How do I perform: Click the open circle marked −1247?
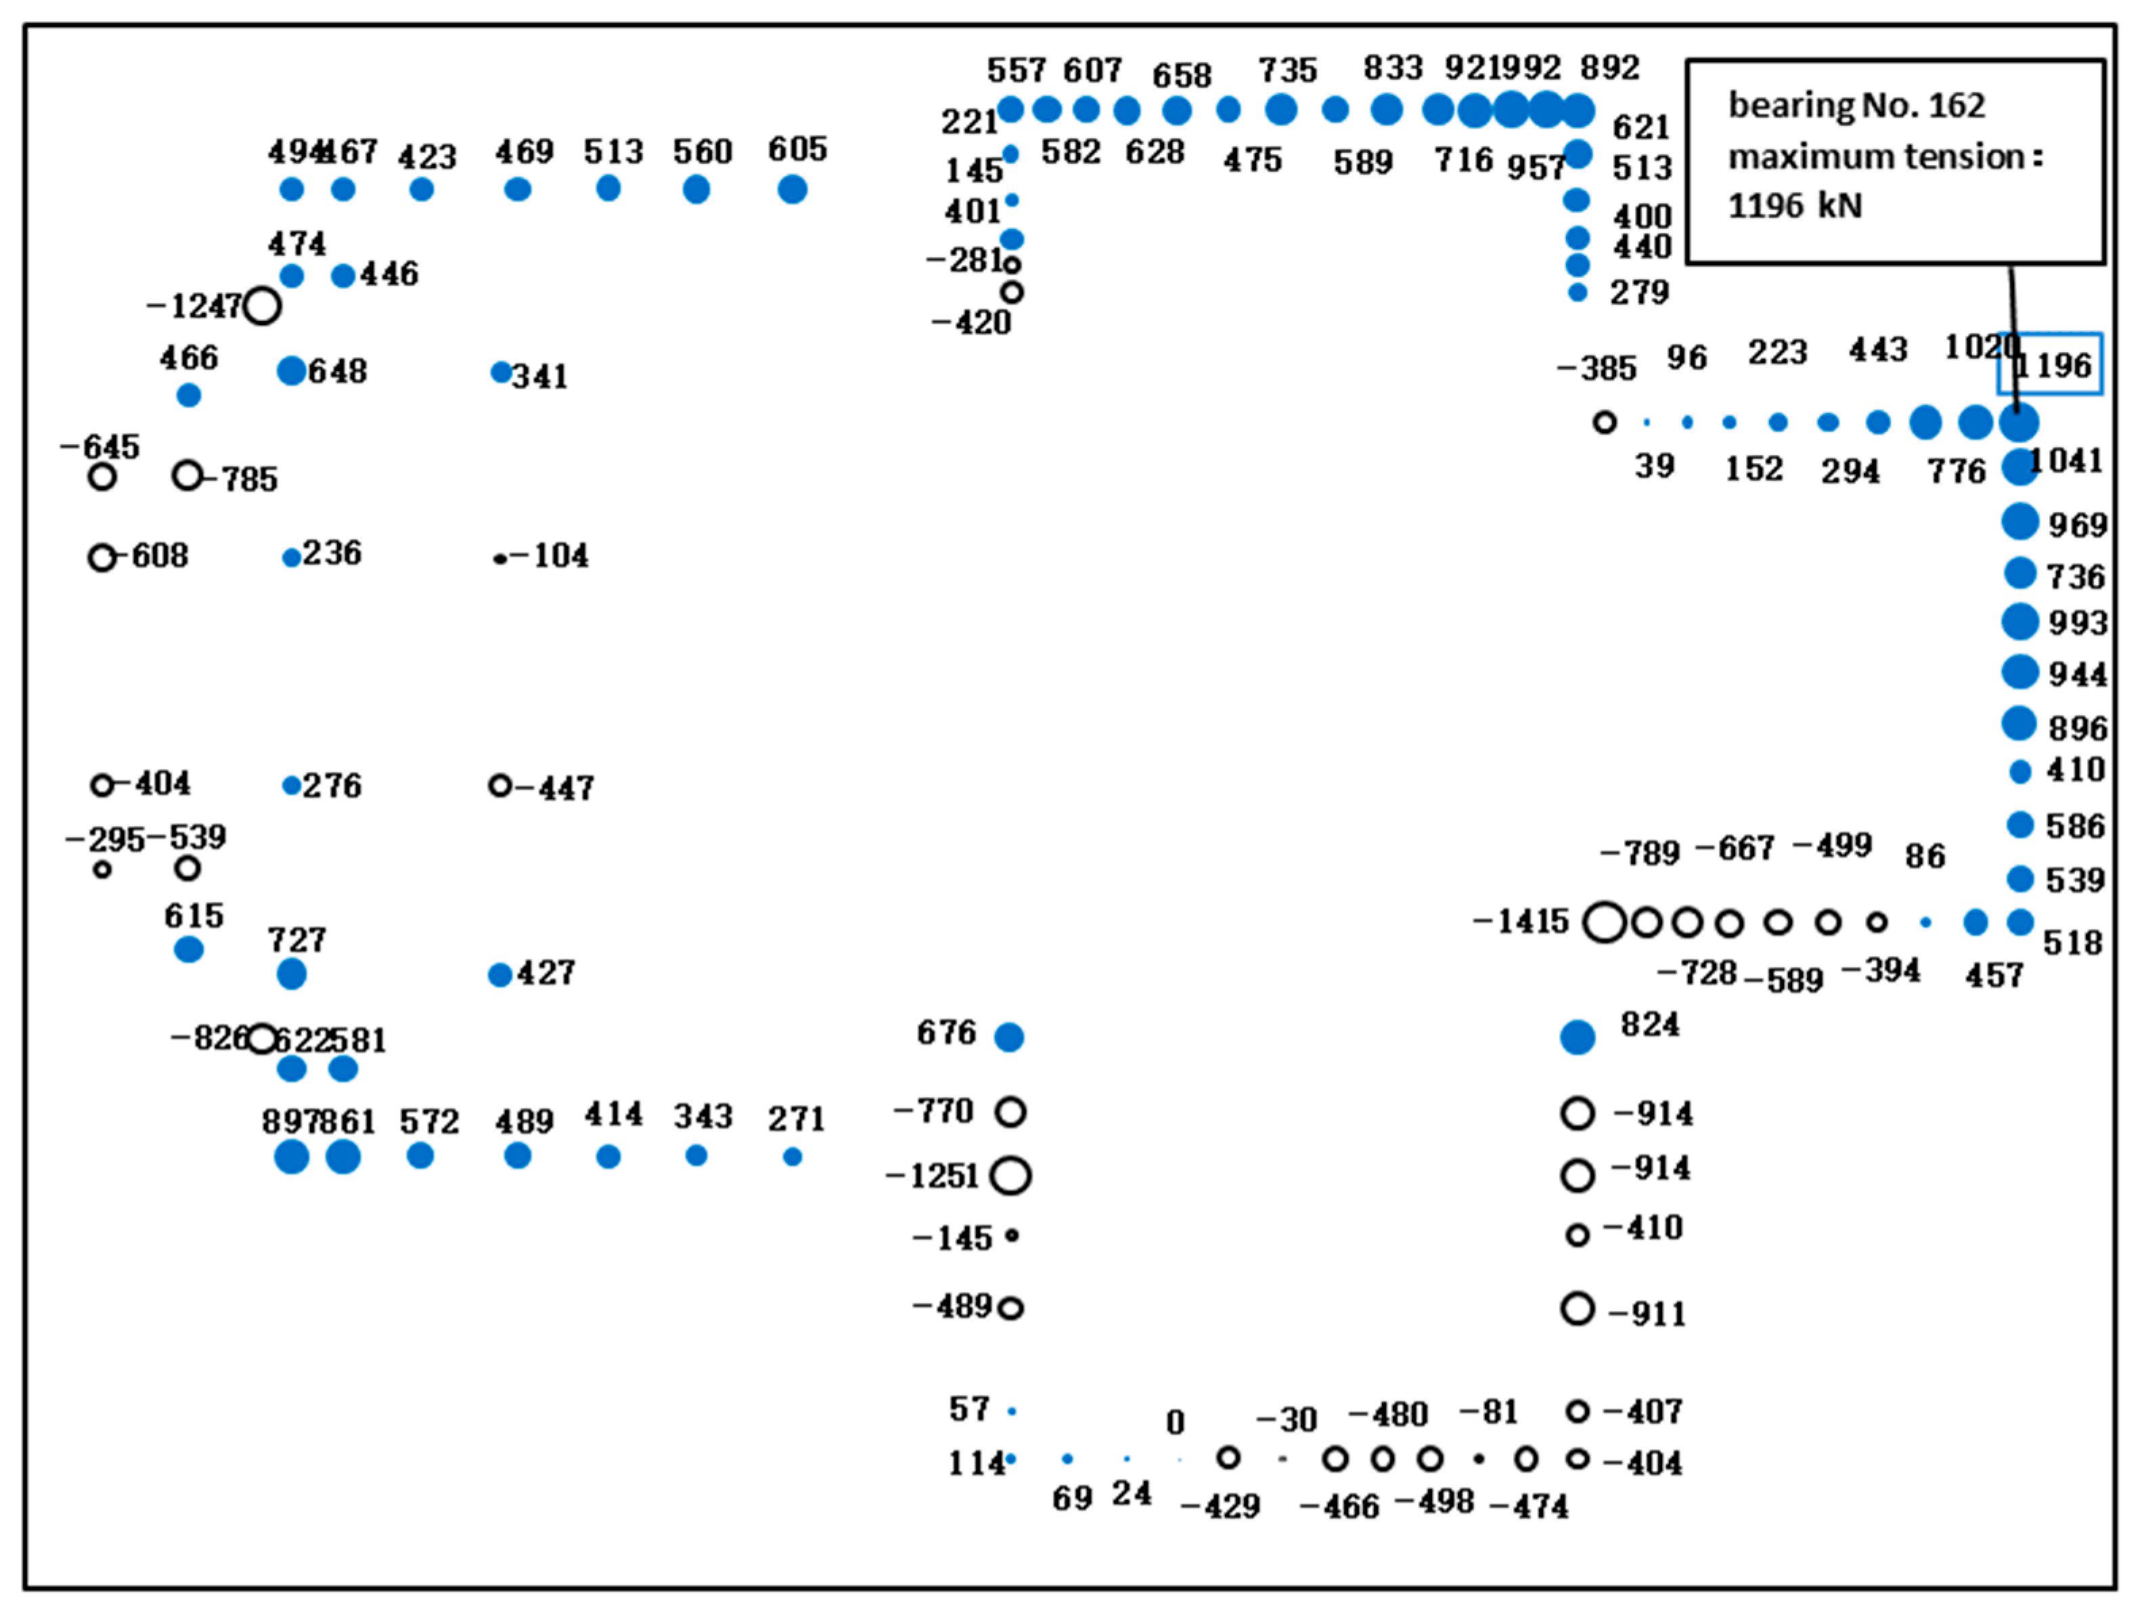coord(261,305)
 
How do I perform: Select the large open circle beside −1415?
coord(1605,922)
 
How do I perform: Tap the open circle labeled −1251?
coord(1010,1176)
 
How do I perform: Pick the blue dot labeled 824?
coord(1578,1037)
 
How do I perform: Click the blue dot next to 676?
coord(1009,1037)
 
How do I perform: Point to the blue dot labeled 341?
coord(501,372)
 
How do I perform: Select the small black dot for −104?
coord(499,558)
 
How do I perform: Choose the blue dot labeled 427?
coord(499,974)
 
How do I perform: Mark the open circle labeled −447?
coord(499,785)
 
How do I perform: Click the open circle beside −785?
coord(187,475)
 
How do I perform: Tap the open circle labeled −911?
coord(1578,1308)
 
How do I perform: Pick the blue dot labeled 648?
coord(291,370)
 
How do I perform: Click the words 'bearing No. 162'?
coord(1856,105)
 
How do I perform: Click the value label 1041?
coord(2066,460)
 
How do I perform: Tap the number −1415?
coord(1521,921)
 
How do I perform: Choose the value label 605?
coord(797,150)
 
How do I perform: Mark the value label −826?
coord(210,1037)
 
